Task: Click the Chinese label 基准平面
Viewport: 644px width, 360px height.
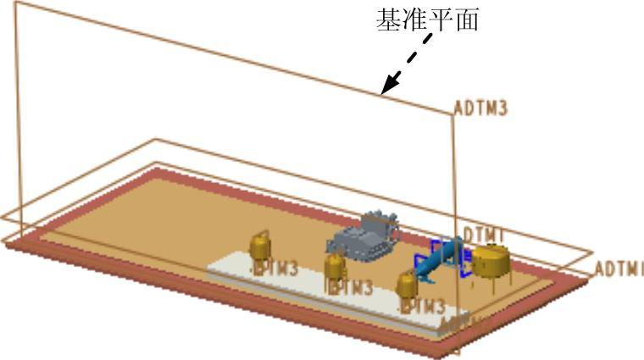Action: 427,19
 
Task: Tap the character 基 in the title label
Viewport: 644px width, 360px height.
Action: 389,19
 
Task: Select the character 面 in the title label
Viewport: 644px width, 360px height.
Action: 467,19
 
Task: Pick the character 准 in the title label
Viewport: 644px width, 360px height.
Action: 414,19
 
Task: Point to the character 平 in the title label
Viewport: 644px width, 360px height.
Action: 441,19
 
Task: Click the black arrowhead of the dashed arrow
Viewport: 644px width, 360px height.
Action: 389,86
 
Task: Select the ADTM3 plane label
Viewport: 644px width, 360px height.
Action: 480,109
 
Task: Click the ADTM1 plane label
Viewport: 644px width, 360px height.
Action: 619,269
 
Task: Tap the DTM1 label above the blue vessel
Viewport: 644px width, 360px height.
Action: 485,234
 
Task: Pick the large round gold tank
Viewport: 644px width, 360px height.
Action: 491,261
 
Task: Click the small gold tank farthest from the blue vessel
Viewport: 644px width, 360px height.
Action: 259,246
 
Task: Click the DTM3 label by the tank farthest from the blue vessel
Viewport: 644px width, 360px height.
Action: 277,269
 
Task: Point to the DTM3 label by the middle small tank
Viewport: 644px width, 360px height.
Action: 352,288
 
